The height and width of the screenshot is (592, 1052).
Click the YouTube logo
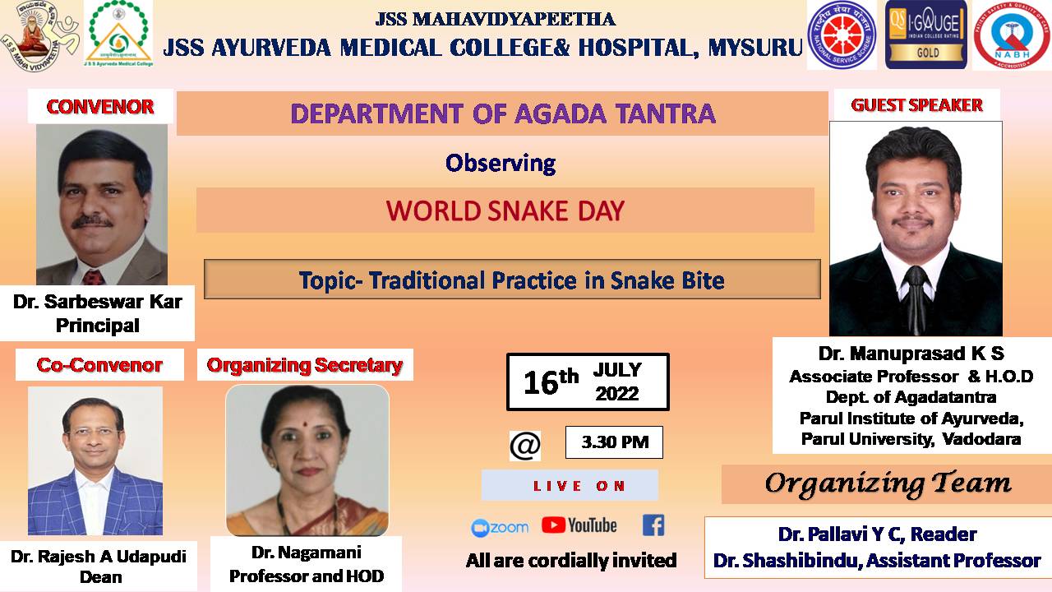579,525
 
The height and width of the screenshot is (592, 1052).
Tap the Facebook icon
653,525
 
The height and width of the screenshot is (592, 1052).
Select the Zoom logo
500,528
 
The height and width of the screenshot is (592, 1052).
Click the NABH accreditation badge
1013,35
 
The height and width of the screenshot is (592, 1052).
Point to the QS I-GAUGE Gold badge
926,35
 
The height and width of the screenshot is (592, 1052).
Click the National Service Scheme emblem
842,35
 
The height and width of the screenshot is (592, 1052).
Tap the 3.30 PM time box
614,442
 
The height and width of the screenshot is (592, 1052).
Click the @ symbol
525,446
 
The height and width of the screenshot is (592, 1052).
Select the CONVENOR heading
100,107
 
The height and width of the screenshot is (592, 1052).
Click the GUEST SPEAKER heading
916,105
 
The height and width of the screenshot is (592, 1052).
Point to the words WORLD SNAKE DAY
505,211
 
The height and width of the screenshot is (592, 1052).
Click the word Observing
501,164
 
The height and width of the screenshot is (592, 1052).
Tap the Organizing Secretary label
305,365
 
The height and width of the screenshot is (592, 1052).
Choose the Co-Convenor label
99,365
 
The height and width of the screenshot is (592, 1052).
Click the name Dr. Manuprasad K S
911,354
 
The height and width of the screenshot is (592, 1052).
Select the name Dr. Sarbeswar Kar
98,302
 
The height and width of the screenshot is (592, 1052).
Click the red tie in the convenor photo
94,278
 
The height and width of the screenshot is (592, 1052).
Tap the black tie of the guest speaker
916,300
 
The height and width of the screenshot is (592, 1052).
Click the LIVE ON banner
570,485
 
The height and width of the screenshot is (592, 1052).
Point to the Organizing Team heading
888,484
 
